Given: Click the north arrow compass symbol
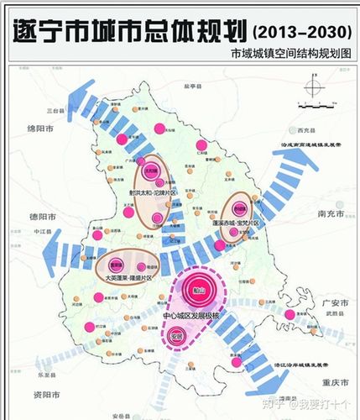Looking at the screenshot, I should (x=313, y=87).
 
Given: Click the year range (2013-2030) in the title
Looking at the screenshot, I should (x=300, y=32).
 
